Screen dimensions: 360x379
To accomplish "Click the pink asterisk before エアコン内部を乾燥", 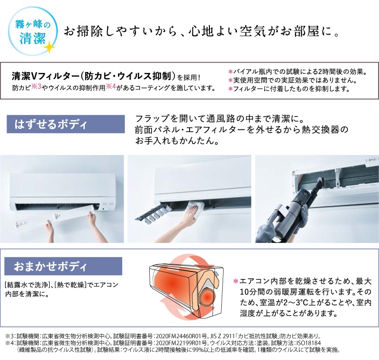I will (235, 281).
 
